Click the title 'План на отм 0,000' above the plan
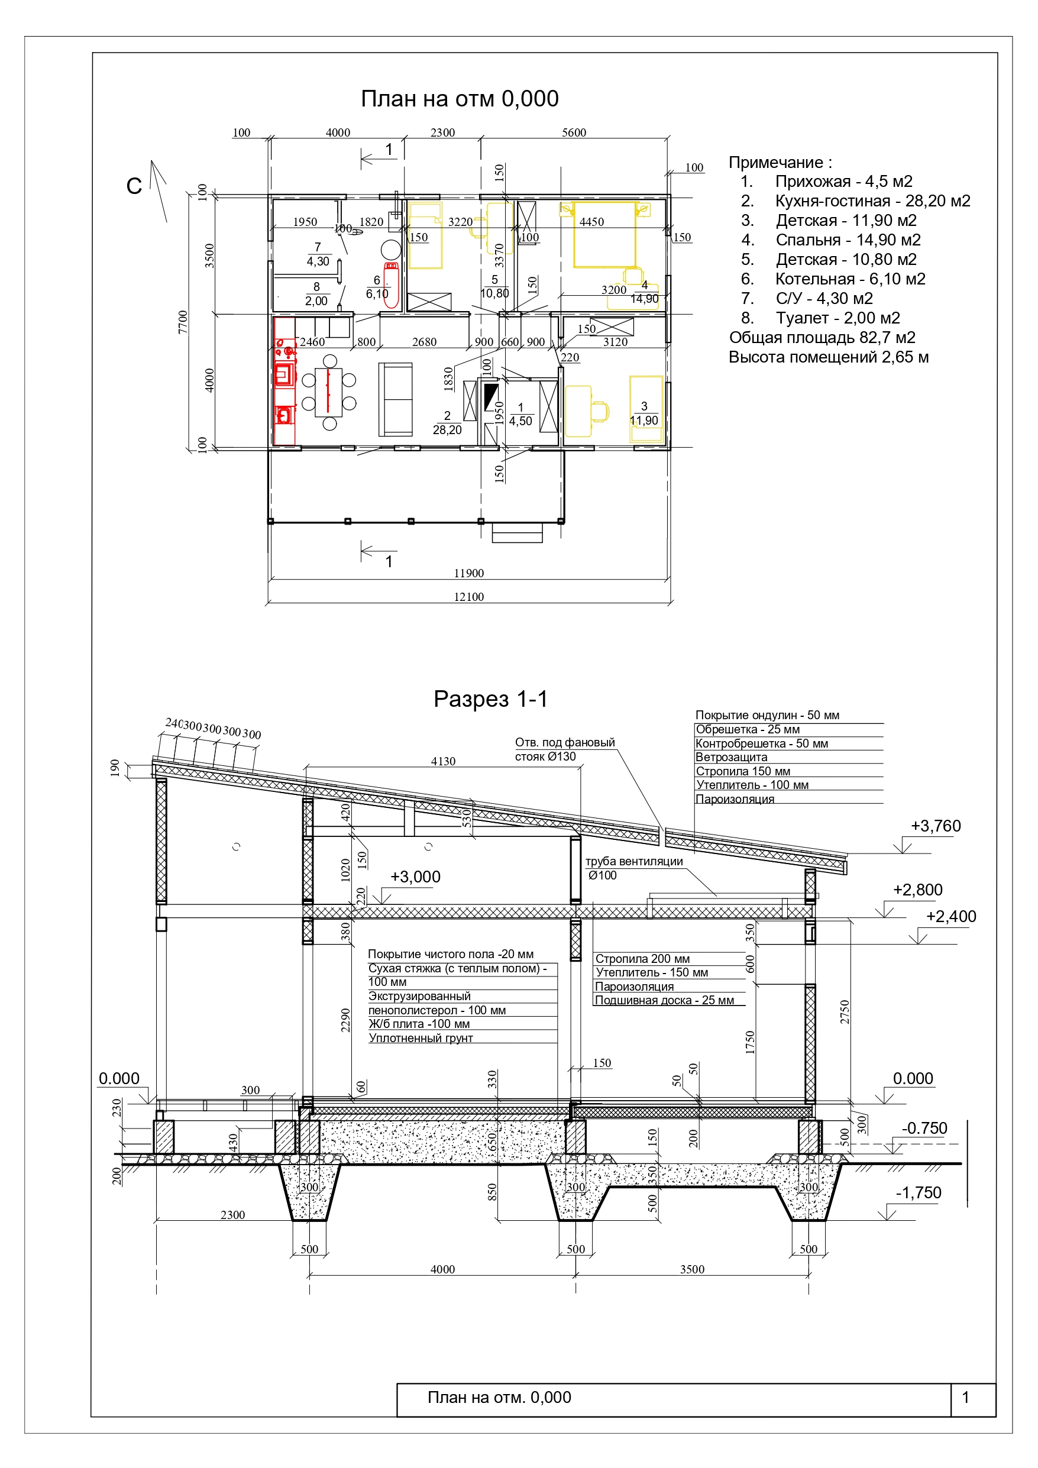tap(459, 99)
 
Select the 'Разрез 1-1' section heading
tap(490, 699)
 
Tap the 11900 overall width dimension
tap(469, 573)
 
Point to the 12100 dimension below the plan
tap(469, 597)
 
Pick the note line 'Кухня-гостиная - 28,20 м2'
tap(872, 201)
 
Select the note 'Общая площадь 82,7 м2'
tap(822, 338)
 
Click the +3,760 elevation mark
tap(936, 826)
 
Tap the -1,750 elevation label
tap(919, 1192)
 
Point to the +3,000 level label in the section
tap(415, 877)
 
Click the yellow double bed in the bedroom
tap(604, 235)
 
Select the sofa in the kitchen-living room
tap(396, 399)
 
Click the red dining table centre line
tap(329, 390)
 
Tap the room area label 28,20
tap(447, 429)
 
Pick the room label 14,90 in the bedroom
tap(644, 299)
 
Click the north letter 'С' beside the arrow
tap(134, 186)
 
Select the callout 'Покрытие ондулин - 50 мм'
tap(767, 716)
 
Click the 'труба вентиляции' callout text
tap(634, 861)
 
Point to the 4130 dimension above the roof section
tap(443, 761)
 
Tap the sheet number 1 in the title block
tap(965, 1397)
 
